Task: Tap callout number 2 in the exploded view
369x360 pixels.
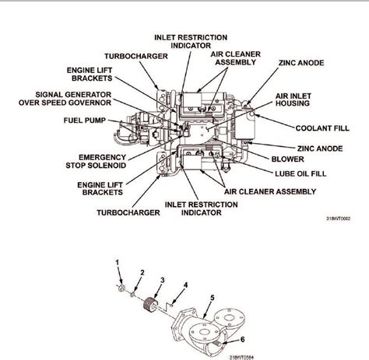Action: [x=142, y=272]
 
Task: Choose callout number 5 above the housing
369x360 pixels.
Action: [x=210, y=296]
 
